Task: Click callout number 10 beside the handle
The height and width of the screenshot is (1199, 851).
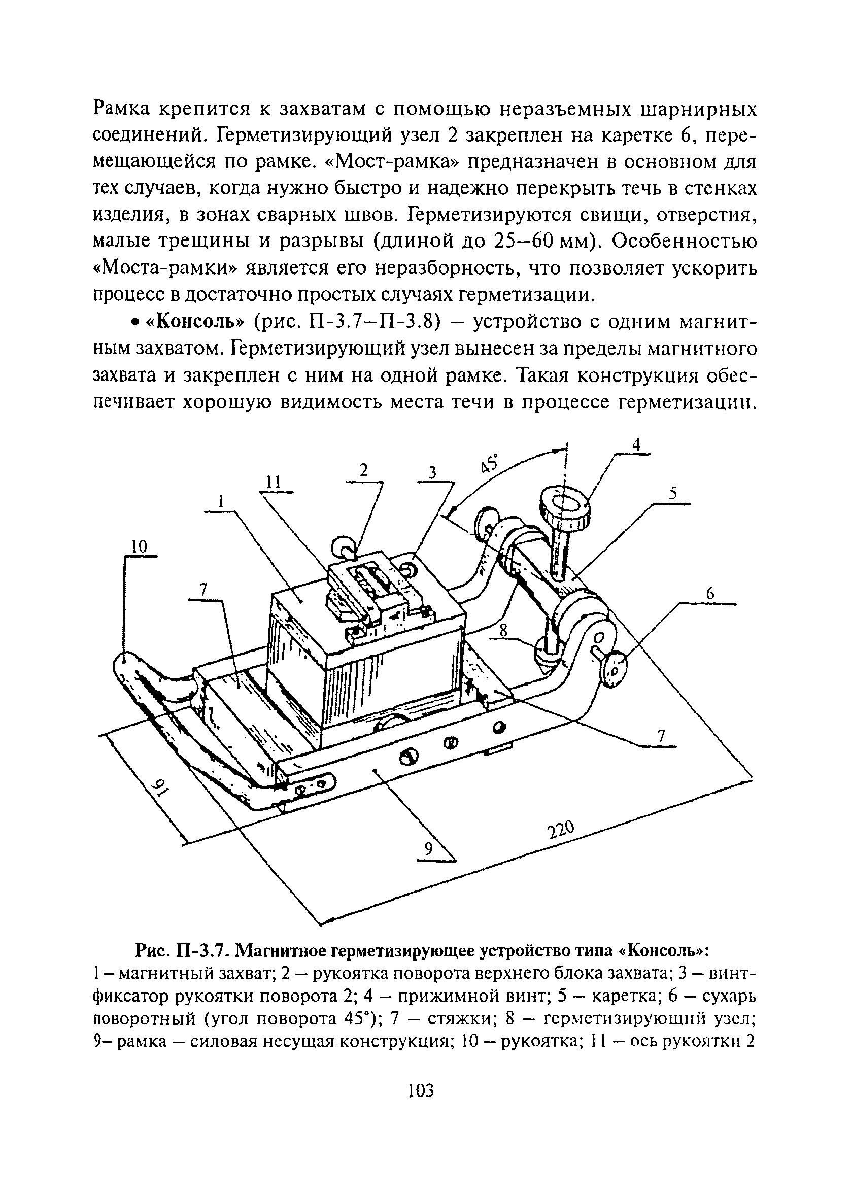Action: point(139,547)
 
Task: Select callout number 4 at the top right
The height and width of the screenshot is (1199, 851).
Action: point(636,444)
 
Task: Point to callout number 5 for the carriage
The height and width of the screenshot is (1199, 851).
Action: point(673,493)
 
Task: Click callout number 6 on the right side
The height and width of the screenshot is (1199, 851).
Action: point(710,594)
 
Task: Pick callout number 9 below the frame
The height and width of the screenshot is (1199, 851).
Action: point(429,849)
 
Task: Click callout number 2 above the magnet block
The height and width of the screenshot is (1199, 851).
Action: point(363,470)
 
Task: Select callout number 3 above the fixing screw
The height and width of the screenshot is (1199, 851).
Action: point(432,472)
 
